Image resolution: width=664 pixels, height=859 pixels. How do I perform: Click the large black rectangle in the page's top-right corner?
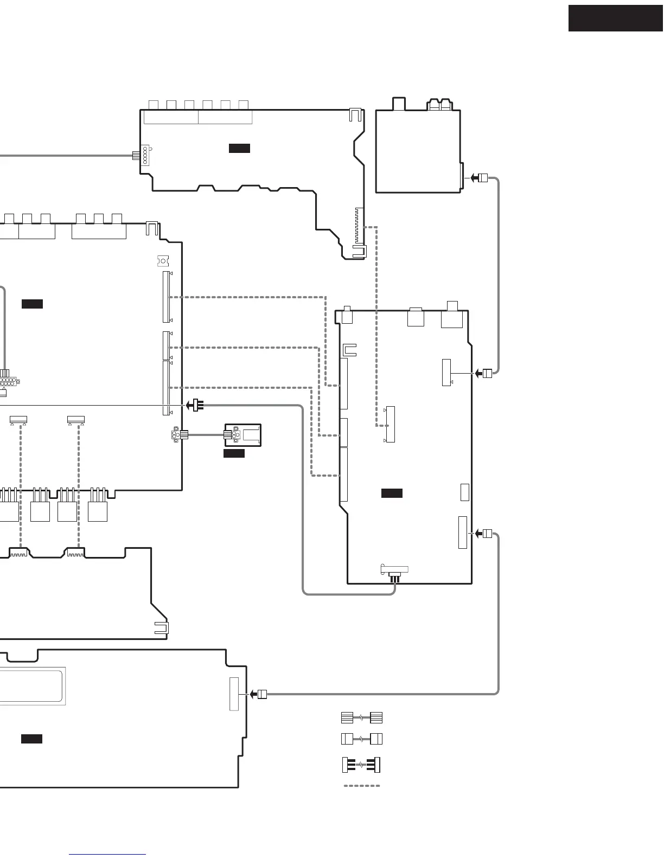click(616, 18)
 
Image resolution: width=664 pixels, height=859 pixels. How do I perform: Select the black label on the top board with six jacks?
click(239, 148)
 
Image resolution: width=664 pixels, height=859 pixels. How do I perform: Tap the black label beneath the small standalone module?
click(234, 453)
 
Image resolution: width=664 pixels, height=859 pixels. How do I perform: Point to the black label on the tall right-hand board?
click(392, 493)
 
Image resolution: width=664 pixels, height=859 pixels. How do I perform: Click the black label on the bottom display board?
click(31, 739)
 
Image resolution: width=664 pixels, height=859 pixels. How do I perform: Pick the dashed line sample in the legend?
click(362, 785)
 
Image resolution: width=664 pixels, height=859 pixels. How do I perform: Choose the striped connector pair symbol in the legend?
click(362, 717)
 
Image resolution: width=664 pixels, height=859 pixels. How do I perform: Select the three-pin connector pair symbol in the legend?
click(362, 765)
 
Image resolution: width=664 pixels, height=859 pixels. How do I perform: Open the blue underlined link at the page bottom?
click(107, 855)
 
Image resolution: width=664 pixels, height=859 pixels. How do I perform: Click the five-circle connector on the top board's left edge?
click(145, 155)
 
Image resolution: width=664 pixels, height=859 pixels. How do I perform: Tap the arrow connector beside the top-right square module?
click(479, 177)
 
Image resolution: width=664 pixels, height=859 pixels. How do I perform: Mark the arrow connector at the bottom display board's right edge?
click(258, 694)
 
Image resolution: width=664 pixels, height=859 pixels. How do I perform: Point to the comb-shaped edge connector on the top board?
click(357, 225)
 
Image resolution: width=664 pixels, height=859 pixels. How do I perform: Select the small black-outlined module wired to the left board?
click(243, 435)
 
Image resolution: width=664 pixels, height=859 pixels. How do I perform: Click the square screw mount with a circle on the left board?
click(162, 261)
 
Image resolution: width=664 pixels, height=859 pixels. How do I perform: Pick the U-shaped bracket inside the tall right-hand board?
click(349, 350)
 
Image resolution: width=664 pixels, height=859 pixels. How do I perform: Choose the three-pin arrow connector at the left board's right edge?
click(195, 405)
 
